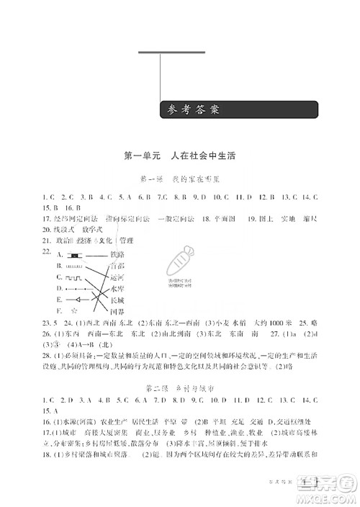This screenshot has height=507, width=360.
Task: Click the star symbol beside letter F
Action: pos(73,310)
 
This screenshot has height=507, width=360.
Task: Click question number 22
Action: pos(48,251)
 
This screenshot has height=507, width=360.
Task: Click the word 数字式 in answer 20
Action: pos(107,229)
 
